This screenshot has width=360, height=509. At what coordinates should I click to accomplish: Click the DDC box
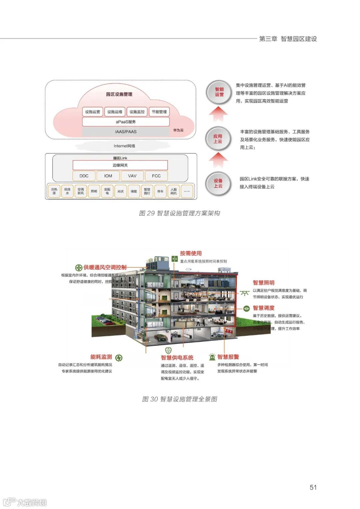(x=84, y=176)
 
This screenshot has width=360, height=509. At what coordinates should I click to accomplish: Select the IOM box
(x=108, y=176)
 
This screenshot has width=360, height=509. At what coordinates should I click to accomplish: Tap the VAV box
(x=132, y=176)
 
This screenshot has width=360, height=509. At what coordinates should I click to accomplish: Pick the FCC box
(x=156, y=176)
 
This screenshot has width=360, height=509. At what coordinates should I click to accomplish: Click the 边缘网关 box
(x=120, y=165)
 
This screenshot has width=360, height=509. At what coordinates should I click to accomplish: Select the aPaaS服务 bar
(x=126, y=122)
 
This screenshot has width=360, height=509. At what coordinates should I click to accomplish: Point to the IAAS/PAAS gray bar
(x=126, y=132)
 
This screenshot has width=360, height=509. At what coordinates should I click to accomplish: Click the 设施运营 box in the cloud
(x=92, y=112)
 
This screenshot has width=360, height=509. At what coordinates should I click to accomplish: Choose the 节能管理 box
(x=159, y=112)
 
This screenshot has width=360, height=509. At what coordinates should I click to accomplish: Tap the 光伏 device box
(x=120, y=191)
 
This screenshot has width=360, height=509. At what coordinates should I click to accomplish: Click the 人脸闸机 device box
(x=174, y=191)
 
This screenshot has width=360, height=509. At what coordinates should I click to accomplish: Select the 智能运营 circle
(x=219, y=92)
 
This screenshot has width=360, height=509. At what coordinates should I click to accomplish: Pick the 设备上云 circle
(x=218, y=183)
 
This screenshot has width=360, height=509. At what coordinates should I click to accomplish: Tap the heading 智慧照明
(x=263, y=283)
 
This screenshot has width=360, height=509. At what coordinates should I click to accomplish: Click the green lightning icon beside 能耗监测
(x=119, y=358)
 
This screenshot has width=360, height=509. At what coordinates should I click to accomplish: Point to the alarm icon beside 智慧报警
(x=212, y=357)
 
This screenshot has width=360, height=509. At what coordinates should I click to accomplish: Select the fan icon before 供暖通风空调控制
(x=78, y=267)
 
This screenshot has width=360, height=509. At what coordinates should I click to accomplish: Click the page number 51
(x=313, y=487)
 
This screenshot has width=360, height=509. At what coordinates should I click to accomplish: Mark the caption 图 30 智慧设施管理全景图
(x=180, y=399)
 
